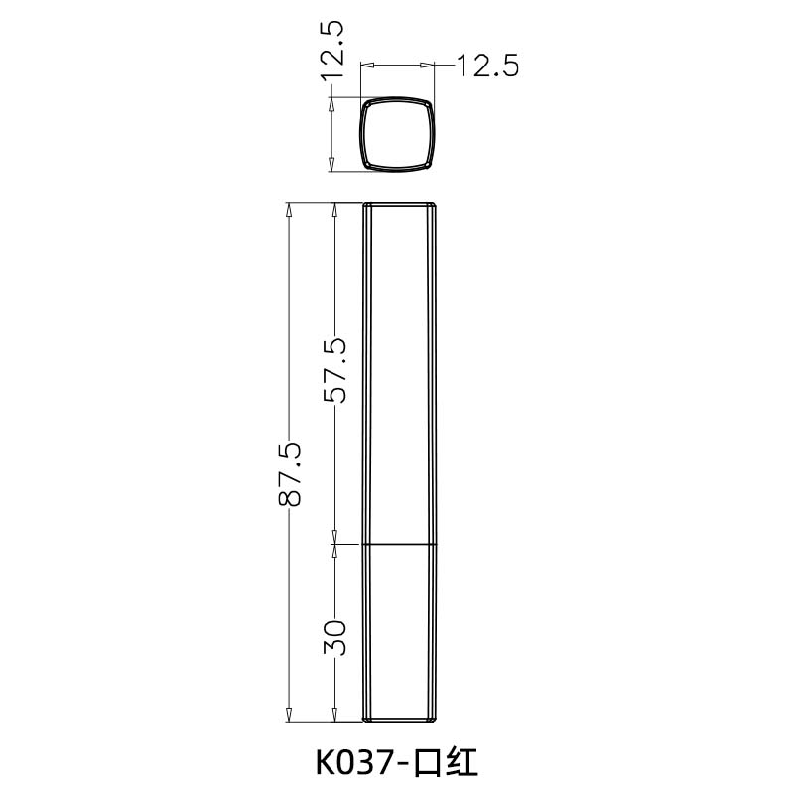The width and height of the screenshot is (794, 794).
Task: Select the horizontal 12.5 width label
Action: (x=487, y=66)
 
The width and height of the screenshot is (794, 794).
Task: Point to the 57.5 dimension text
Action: (x=335, y=369)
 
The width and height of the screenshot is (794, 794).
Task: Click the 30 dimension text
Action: (x=335, y=636)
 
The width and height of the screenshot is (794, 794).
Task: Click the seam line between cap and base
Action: (x=399, y=544)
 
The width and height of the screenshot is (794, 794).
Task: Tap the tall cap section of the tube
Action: (x=399, y=372)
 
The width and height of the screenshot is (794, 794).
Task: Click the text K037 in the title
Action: (x=353, y=762)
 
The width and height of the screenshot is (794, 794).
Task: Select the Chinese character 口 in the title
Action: (x=428, y=762)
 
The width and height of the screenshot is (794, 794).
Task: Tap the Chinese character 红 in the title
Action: (x=463, y=762)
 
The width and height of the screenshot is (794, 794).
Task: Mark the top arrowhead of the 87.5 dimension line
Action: (x=289, y=209)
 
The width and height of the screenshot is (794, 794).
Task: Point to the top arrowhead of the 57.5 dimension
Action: (x=335, y=209)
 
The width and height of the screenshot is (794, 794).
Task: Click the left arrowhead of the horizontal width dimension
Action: (x=365, y=66)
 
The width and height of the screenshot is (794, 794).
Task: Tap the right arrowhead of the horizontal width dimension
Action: (x=431, y=66)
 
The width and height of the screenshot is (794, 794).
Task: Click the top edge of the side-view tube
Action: (x=399, y=203)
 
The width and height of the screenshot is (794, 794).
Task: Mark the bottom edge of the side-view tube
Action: (x=399, y=721)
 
